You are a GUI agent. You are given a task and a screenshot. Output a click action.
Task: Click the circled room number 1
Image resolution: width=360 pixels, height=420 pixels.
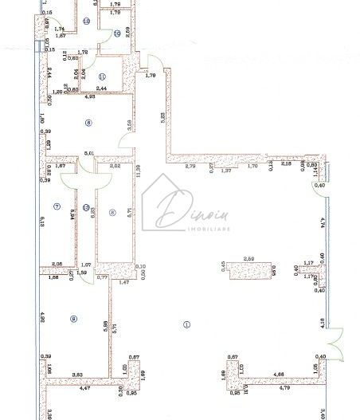pyautogui.click(x=186, y=324)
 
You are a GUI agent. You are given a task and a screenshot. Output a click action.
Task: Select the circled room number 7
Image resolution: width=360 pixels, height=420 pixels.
pyautogui.click(x=56, y=206)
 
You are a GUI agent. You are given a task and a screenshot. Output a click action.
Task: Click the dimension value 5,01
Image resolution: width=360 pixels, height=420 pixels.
pyautogui.click(x=89, y=153)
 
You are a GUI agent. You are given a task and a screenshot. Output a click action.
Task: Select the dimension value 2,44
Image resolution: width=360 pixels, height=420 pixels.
pyautogui.click(x=101, y=88)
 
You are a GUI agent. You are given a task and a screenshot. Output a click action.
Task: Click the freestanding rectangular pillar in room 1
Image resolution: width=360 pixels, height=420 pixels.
pyautogui.click(x=248, y=273)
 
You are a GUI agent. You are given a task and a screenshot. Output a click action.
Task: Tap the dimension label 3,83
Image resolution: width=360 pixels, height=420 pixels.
pyautogui.click(x=78, y=374)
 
